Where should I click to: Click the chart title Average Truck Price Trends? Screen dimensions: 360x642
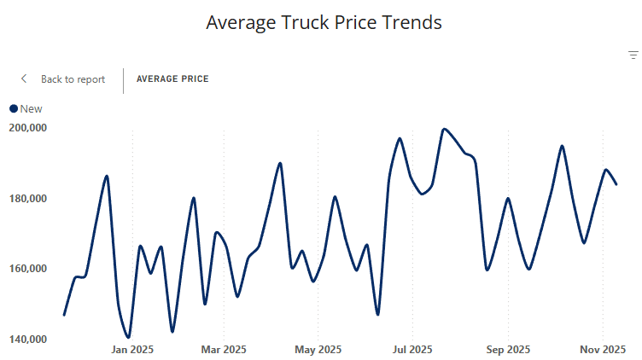click(324, 23)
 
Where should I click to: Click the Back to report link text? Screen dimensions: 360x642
click(73, 79)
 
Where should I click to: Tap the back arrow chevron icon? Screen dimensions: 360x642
click(24, 79)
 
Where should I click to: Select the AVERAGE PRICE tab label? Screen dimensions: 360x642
click(172, 79)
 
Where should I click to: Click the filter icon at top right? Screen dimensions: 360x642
click(633, 55)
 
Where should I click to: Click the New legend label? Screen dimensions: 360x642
click(31, 108)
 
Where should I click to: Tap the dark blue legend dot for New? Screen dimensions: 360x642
click(14, 108)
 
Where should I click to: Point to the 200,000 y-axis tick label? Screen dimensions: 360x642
click(28, 128)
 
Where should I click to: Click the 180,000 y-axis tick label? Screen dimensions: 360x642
click(28, 199)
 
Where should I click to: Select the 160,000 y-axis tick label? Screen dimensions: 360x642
click(28, 269)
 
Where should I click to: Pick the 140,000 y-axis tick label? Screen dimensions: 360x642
click(28, 340)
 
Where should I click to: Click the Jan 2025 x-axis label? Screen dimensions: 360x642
click(132, 350)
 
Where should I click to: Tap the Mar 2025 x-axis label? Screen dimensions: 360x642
click(224, 350)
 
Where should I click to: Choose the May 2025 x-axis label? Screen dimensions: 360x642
click(317, 350)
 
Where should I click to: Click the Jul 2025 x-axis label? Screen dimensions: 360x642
click(411, 350)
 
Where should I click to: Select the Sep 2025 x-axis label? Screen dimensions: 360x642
click(508, 350)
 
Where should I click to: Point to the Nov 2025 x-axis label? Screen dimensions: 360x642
click(603, 350)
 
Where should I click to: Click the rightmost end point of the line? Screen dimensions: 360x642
click(616, 184)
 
